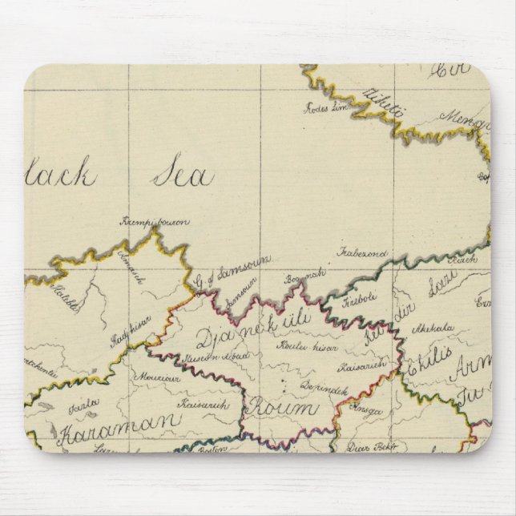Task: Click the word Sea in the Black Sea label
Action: tap(183, 173)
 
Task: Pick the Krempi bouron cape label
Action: tap(155, 220)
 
